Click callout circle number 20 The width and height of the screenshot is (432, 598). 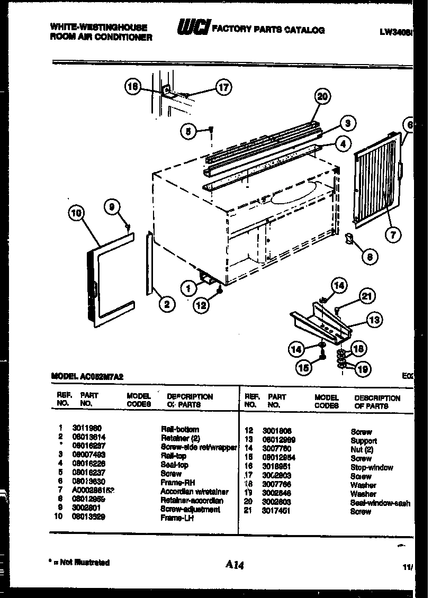tap(321, 96)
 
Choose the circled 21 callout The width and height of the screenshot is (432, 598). tap(366, 296)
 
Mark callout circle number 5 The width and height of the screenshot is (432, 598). tap(188, 131)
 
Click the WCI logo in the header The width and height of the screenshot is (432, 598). tap(194, 29)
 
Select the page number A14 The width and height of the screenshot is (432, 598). tap(233, 565)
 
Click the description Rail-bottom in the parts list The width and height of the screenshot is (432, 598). tap(180, 429)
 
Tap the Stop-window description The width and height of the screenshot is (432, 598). tap(372, 467)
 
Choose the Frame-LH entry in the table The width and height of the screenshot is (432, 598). tap(177, 518)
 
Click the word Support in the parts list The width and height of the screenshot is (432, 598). tap(364, 440)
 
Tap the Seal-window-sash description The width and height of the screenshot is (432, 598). tap(380, 503)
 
